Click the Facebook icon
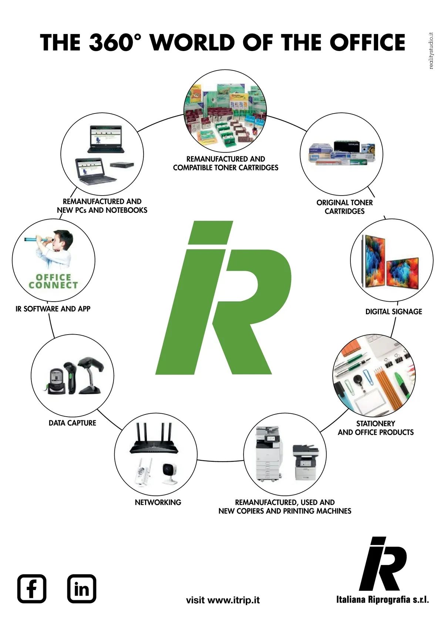click(32, 589)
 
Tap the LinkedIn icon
click(82, 589)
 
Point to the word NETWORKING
click(158, 502)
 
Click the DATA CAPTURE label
click(73, 423)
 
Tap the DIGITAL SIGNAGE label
click(394, 312)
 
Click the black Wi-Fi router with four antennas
click(154, 440)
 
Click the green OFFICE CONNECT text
click(53, 281)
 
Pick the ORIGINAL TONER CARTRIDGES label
click(344, 207)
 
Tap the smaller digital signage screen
click(403, 274)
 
